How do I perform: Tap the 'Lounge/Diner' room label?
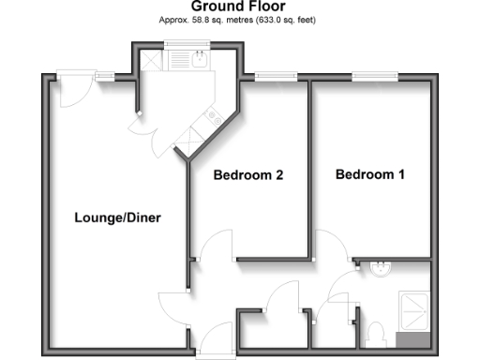tap(118, 218)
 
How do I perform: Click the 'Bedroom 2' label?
tap(248, 175)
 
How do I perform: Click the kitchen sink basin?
tap(200, 62)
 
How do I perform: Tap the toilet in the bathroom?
tap(375, 332)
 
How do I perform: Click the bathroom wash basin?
tap(381, 269)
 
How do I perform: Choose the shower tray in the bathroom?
tap(413, 310)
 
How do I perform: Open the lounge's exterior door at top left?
tap(70, 89)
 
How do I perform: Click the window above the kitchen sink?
tap(176, 45)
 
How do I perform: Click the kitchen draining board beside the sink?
tap(176, 62)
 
